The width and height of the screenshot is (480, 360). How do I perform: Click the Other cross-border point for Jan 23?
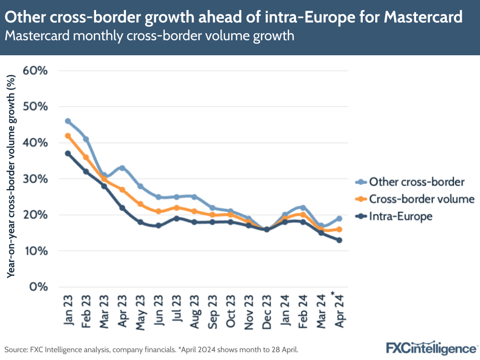[68, 121]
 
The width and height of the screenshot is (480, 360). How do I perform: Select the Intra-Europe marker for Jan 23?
[68, 153]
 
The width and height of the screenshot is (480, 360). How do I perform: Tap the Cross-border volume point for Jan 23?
[68, 136]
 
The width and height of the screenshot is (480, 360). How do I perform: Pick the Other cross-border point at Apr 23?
[122, 168]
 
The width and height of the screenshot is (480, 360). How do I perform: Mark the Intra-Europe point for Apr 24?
[339, 240]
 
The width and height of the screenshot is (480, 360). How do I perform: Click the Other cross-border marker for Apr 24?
[339, 218]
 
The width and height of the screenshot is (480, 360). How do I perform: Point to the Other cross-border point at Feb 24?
[303, 208]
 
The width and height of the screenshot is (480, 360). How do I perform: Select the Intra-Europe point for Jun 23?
[158, 225]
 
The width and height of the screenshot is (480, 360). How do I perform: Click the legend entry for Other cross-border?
[416, 182]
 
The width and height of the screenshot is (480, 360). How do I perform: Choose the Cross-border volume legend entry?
[421, 199]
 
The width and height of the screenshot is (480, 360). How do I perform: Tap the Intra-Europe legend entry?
[401, 216]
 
